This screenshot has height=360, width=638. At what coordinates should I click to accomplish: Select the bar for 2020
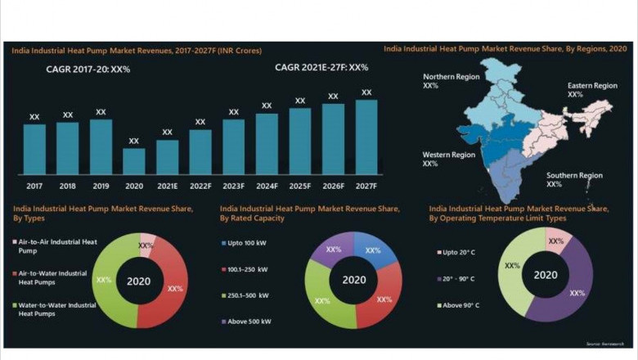coord(134,161)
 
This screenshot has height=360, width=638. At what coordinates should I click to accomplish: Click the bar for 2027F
coord(366,137)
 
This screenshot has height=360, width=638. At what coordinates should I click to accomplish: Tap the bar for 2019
coord(101,147)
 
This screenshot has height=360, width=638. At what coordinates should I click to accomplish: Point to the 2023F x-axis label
coord(233,186)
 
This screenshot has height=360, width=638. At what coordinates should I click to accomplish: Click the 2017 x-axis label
coord(34,186)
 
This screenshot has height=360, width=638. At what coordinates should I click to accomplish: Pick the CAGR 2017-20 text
coord(88,70)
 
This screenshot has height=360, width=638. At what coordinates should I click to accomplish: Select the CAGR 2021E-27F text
coord(321,68)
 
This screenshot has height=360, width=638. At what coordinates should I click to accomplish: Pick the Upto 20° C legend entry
coord(458,253)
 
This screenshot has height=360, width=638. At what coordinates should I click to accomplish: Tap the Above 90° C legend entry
coord(461,305)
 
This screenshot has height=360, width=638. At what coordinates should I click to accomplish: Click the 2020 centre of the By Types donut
coord(138,281)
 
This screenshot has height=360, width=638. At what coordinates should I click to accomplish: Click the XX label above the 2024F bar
coord(267,106)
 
